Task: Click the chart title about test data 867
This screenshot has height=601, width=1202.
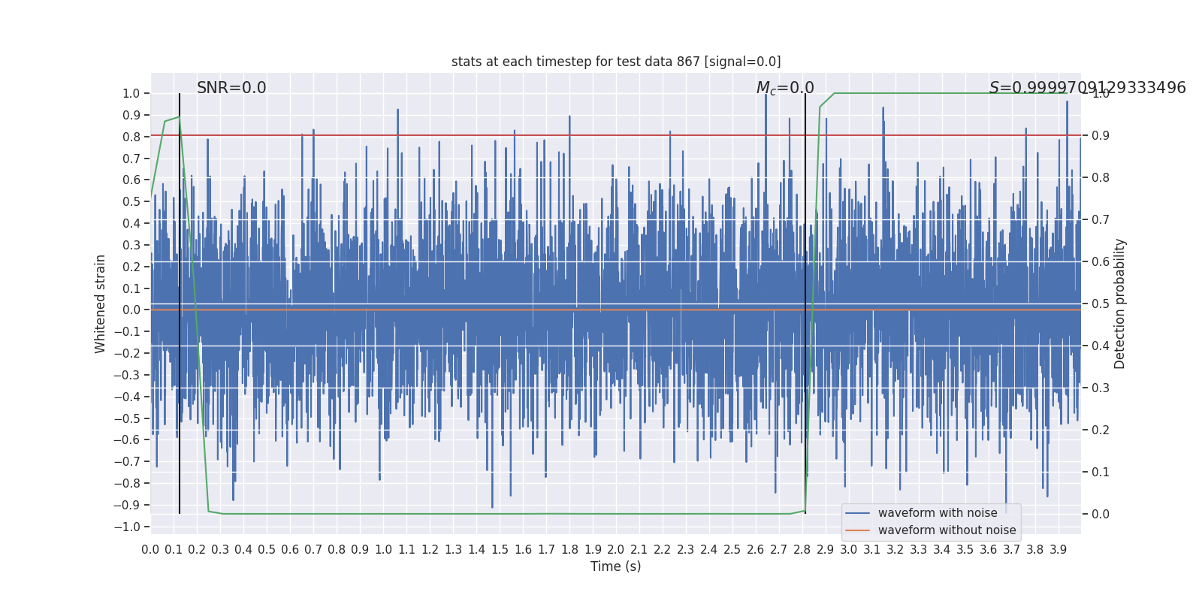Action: (x=616, y=62)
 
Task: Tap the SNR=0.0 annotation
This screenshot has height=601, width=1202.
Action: (x=231, y=88)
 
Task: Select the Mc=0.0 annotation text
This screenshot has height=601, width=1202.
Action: (x=785, y=89)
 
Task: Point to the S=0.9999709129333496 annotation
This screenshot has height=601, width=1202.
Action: (x=1087, y=88)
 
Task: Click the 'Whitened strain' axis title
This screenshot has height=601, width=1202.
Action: (x=101, y=304)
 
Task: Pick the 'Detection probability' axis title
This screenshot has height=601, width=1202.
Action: (x=1120, y=304)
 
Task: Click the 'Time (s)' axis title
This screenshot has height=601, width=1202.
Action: (x=615, y=566)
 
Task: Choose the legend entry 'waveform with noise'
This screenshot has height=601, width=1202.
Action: (x=938, y=513)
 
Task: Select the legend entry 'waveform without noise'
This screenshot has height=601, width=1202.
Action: (x=947, y=530)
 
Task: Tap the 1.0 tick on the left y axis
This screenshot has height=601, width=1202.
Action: (x=131, y=94)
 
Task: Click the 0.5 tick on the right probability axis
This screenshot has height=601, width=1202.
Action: (x=1101, y=304)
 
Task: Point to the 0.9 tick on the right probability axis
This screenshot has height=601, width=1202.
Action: (x=1101, y=136)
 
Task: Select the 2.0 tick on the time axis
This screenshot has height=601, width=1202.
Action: (x=616, y=550)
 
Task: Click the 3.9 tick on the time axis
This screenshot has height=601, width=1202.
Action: (x=1058, y=550)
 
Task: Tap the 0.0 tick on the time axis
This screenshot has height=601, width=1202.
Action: (x=150, y=550)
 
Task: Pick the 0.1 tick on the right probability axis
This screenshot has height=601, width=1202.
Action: (x=1101, y=473)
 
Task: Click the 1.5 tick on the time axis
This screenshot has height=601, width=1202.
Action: (x=500, y=550)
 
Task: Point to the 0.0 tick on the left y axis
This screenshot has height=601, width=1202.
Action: (x=131, y=310)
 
